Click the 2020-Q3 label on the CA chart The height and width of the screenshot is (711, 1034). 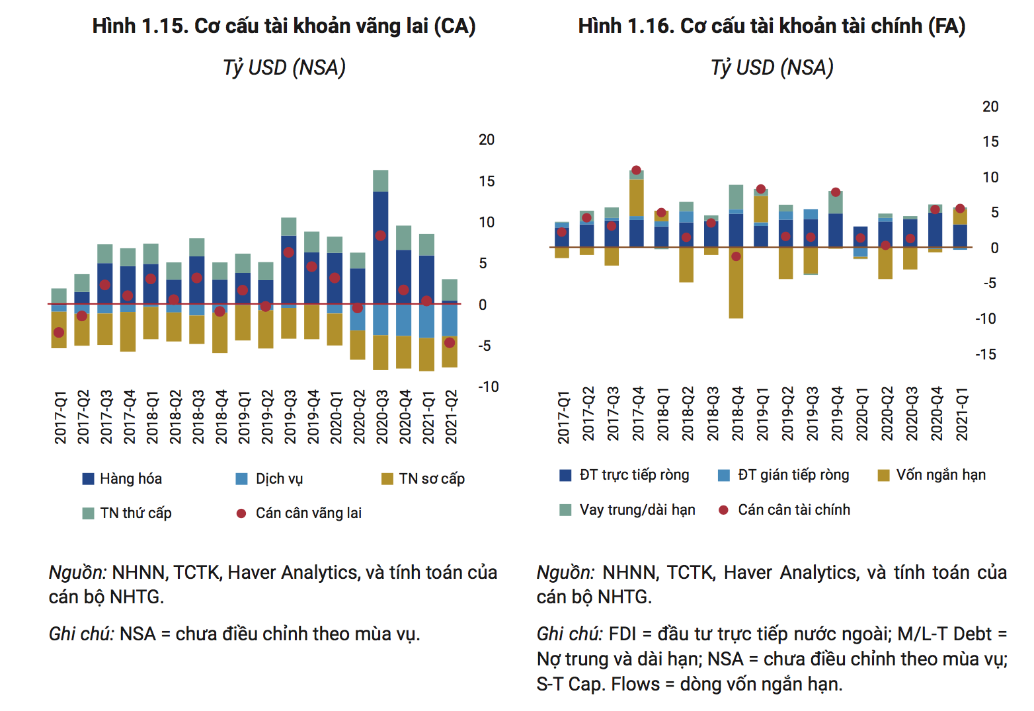pyautogui.click(x=381, y=416)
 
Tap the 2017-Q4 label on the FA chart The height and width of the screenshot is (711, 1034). pyautogui.click(x=638, y=414)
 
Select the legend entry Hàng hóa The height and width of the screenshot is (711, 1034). pyautogui.click(x=130, y=479)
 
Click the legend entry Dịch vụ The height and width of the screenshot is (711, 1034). pyautogui.click(x=278, y=479)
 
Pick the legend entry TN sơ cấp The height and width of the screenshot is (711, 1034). pyautogui.click(x=431, y=479)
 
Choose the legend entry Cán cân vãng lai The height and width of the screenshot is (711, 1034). pyautogui.click(x=308, y=513)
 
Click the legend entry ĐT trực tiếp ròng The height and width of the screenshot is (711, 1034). pyautogui.click(x=633, y=475)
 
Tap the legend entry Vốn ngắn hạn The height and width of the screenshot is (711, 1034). pyautogui.click(x=940, y=475)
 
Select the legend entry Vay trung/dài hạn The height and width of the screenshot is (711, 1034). pyautogui.click(x=637, y=510)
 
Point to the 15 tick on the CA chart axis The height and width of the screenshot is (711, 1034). pyautogui.click(x=487, y=181)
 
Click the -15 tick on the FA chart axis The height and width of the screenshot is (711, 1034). pyautogui.click(x=985, y=355)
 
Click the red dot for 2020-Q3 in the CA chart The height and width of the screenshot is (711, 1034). pyautogui.click(x=380, y=236)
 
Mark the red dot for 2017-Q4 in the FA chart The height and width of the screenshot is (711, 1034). pyautogui.click(x=636, y=170)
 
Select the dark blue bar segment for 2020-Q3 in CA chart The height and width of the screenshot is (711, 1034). pyautogui.click(x=380, y=248)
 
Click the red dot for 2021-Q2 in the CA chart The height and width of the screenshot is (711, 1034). pyautogui.click(x=450, y=342)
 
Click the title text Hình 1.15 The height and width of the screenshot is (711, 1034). pyautogui.click(x=140, y=26)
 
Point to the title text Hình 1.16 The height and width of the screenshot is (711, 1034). pyautogui.click(x=626, y=26)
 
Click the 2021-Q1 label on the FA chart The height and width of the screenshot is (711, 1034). pyautogui.click(x=962, y=414)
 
